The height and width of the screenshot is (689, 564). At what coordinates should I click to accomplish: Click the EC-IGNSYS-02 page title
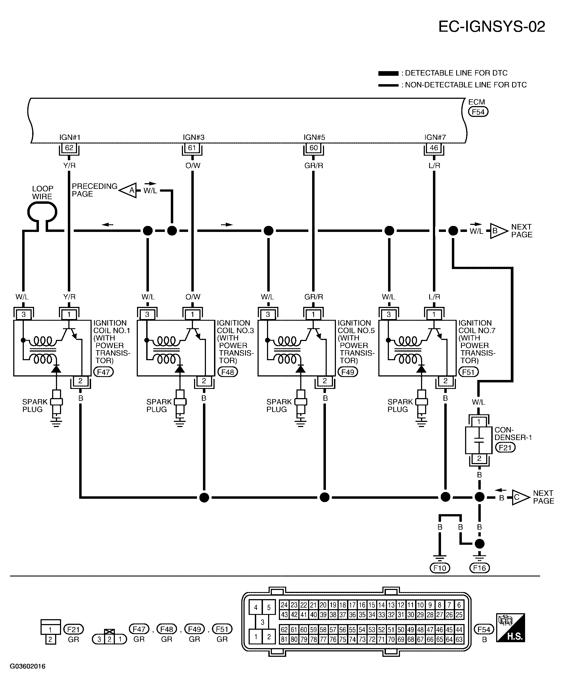point(492,27)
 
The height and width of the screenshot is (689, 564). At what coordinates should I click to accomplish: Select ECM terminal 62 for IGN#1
point(69,148)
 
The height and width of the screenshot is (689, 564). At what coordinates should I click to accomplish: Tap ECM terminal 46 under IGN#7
point(434,148)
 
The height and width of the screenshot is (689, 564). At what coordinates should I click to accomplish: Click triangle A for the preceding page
point(129,190)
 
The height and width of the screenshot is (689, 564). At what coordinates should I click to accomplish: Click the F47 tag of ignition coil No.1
point(103,372)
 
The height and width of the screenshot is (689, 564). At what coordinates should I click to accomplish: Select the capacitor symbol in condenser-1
point(479,440)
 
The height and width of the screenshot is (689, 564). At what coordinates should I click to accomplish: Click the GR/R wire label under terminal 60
point(313,166)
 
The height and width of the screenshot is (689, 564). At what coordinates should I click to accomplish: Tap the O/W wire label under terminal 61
point(193,166)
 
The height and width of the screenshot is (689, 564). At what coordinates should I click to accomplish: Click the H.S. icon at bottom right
point(510,628)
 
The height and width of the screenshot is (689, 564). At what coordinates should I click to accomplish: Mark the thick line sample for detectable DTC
point(388,73)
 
